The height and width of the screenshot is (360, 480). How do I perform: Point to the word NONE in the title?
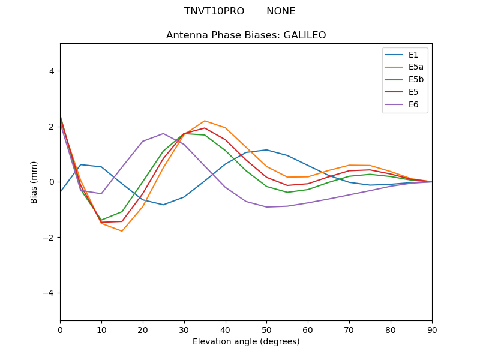coord(281,11)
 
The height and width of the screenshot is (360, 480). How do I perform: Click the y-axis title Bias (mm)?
coord(34,182)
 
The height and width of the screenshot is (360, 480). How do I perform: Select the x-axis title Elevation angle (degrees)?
coord(246,342)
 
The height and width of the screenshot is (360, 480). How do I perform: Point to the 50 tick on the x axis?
coord(266,329)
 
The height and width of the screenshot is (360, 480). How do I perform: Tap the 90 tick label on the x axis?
coord(432,329)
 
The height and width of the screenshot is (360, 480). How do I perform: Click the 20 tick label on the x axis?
coord(143,329)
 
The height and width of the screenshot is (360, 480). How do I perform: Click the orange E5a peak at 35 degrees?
coord(205,121)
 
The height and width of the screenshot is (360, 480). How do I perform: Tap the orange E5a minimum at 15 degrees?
coord(122,231)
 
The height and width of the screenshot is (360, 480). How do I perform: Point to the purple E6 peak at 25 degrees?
coord(163,133)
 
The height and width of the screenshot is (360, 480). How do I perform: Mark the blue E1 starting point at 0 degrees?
coord(61,192)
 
